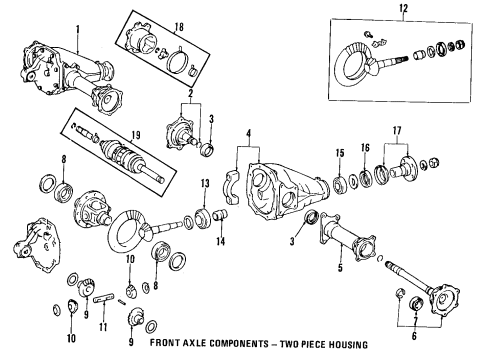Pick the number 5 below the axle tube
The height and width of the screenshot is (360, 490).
[339, 268]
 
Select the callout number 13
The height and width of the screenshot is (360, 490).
[204, 183]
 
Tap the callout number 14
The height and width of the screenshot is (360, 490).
[222, 241]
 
